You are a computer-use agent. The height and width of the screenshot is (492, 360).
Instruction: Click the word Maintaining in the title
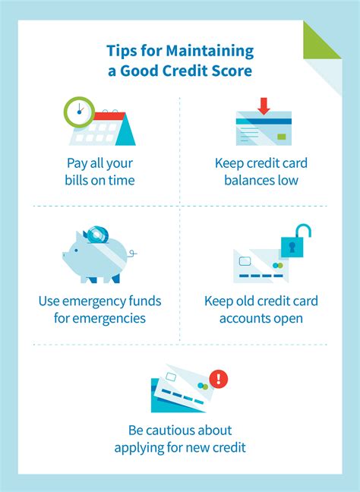point(210,51)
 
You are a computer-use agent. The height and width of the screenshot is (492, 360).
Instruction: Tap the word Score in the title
point(232,71)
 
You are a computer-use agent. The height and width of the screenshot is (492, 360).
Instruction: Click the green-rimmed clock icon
point(79,112)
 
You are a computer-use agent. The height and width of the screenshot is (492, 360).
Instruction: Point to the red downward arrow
point(264,106)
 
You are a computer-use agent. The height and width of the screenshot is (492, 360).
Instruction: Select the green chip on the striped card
point(282,137)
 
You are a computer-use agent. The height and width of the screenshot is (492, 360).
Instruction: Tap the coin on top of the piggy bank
point(98,235)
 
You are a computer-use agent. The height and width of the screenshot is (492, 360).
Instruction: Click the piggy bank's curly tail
point(132,253)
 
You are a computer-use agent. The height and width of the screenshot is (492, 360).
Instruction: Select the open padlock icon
point(295,241)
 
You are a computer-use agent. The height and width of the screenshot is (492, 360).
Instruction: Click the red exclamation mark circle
point(219,379)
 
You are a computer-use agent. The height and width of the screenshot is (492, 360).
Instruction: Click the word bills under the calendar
point(77,180)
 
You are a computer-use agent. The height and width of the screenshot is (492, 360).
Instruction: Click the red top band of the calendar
point(109,116)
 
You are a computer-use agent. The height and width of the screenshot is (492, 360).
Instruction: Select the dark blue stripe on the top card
point(264,121)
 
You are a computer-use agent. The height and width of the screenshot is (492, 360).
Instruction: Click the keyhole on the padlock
point(292,248)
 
